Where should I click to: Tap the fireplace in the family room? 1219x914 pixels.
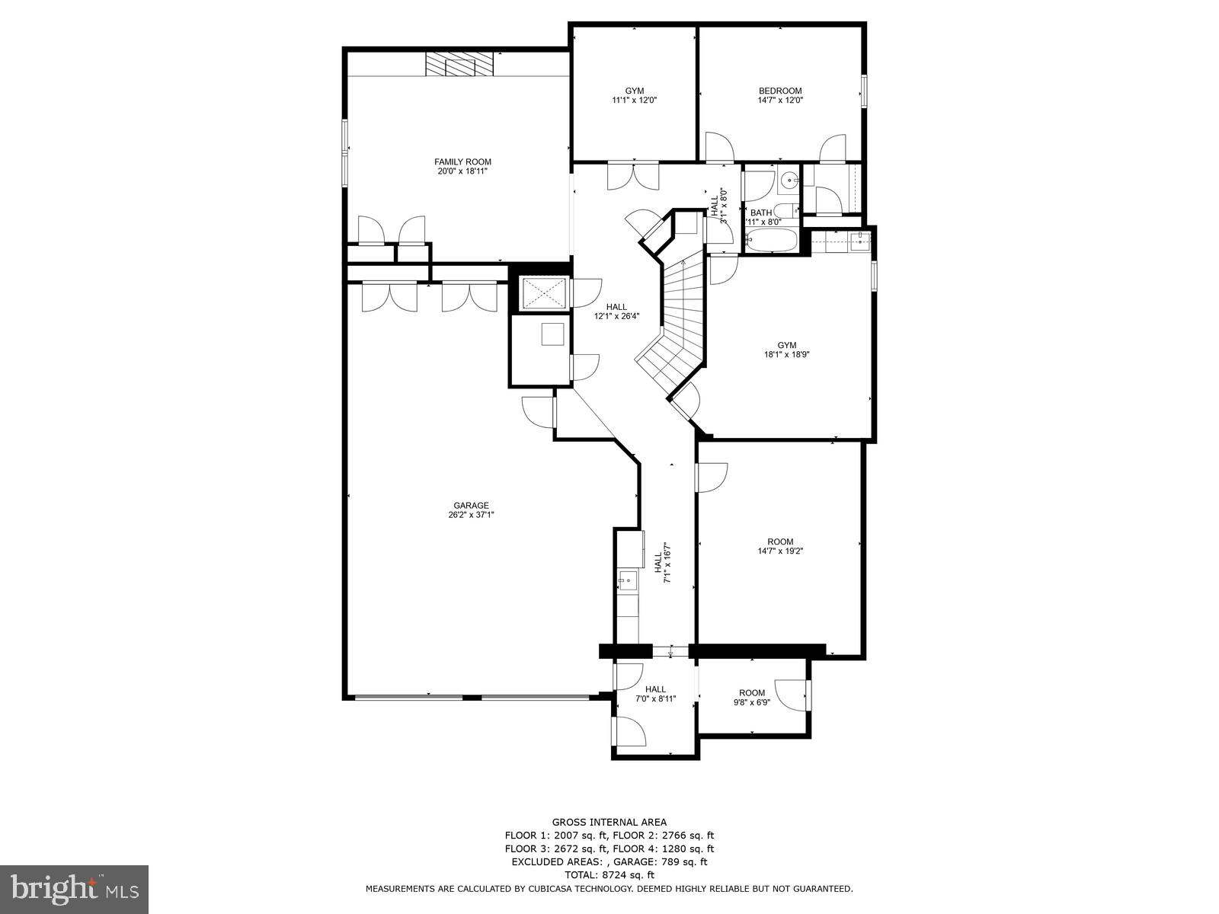460,65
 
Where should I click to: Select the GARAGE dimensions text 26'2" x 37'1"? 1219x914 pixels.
471,515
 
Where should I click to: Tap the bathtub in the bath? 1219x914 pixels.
771,242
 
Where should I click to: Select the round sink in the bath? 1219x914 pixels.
789,181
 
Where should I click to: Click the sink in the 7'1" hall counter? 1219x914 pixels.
628,581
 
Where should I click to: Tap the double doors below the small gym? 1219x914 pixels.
633,177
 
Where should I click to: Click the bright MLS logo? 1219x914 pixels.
74,889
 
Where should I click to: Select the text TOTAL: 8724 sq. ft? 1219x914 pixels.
609,875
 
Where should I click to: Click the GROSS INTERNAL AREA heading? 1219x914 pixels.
609,822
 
